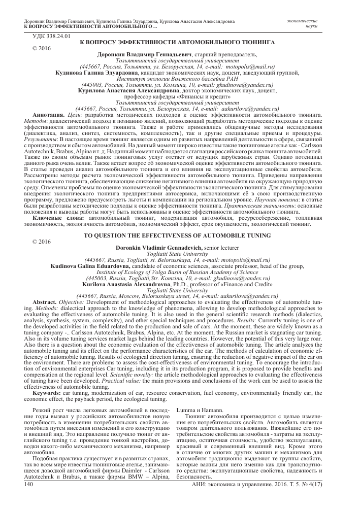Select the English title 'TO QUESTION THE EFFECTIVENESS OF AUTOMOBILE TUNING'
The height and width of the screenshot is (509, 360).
[x=179, y=236]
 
